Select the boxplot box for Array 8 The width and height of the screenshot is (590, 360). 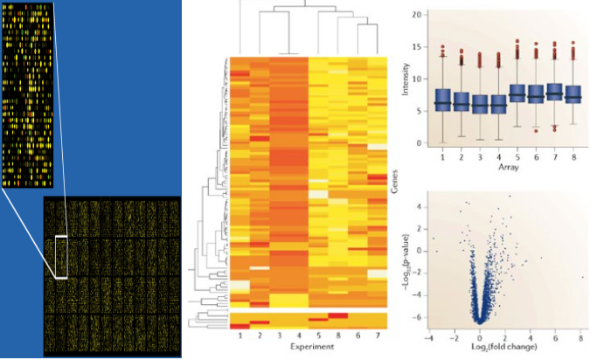point(573,93)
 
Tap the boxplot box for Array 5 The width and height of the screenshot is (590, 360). point(517,93)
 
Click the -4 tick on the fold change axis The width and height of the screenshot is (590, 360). point(429,337)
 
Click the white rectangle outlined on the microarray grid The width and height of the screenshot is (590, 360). point(60,256)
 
